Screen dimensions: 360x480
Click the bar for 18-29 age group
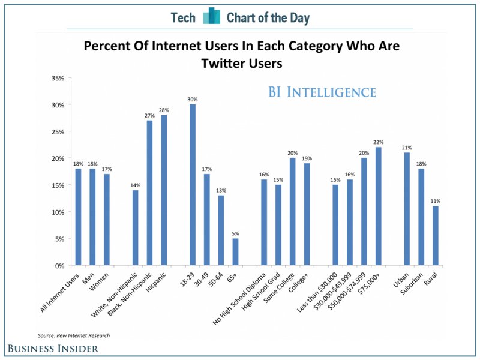coord(193,185)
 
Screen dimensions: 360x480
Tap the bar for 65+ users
coord(236,252)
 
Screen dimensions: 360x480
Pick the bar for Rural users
coord(436,236)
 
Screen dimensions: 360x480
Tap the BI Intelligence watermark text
coord(322,92)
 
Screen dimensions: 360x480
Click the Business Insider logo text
coord(53,349)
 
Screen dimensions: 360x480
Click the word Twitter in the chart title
coord(227,62)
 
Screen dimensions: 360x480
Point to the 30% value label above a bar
coord(193,99)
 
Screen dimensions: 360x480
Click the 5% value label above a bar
coord(236,233)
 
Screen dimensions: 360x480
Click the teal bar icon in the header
coord(211,17)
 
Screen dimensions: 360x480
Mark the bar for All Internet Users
coord(78,217)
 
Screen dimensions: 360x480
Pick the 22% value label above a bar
coord(378,142)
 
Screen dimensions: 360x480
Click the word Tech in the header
coord(183,18)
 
